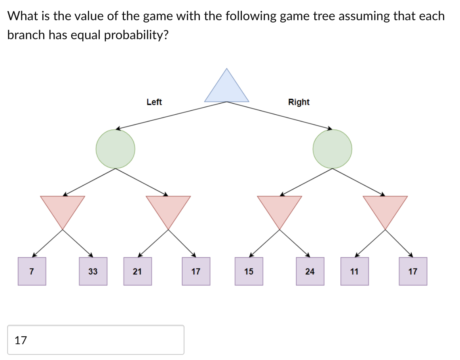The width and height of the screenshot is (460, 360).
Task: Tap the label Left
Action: (154, 102)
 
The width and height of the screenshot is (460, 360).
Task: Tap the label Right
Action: (299, 102)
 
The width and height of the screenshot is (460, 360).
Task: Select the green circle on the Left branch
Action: (115, 149)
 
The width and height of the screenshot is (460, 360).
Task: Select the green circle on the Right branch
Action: (332, 149)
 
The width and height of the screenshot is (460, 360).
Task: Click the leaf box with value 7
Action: (32, 271)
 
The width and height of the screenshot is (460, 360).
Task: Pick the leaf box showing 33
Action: (93, 271)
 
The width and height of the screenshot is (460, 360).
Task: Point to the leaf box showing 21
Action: (137, 271)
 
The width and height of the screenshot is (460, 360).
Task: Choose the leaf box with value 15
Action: (249, 271)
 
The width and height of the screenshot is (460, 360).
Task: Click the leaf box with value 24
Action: (310, 271)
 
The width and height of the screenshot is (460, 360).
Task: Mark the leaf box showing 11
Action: (354, 271)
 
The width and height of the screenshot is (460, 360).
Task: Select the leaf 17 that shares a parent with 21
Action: (196, 271)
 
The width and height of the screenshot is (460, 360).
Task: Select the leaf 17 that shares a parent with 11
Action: (413, 271)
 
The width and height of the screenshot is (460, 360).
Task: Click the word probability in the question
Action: (136, 35)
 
